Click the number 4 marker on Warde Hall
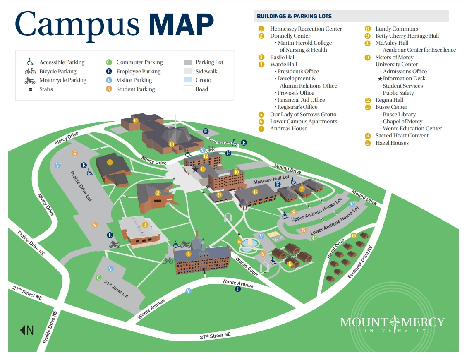tap(189, 254)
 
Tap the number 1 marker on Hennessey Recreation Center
tap(110, 162)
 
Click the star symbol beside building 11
tap(195, 169)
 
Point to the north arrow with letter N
tap(27, 330)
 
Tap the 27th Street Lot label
tap(116, 288)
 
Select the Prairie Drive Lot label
tap(81, 187)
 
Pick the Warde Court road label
tap(247, 266)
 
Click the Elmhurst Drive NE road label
tap(360, 262)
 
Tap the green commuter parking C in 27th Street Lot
tap(98, 278)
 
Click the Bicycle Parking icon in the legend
tap(30, 71)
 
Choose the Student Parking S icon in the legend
tap(109, 89)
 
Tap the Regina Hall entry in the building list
tap(389, 100)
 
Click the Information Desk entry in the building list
tap(404, 79)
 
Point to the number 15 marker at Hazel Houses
tap(354, 235)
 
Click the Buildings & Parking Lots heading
tap(294, 17)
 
